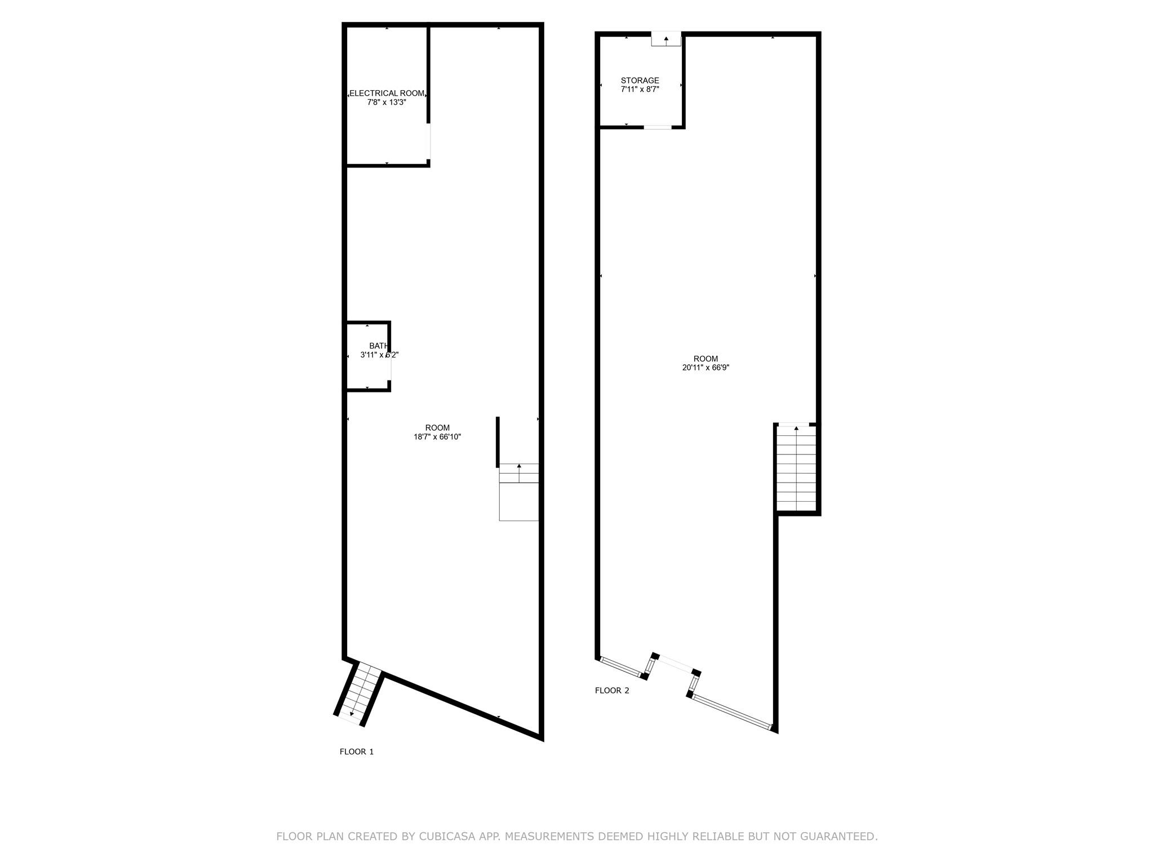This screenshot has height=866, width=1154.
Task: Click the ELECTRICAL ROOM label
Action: [387, 94]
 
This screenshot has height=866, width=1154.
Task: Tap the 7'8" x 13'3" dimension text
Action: [387, 103]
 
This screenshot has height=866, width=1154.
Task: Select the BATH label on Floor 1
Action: [378, 346]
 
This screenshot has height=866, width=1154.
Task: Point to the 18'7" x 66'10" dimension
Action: [437, 437]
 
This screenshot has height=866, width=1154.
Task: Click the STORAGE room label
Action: [640, 81]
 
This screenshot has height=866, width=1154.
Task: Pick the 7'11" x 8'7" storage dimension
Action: [640, 90]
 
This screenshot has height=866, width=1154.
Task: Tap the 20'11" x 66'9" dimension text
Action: [705, 368]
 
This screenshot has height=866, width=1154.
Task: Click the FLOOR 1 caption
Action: [357, 752]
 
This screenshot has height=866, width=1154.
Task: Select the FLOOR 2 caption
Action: [612, 691]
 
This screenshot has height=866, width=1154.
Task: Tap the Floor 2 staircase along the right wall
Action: [796, 468]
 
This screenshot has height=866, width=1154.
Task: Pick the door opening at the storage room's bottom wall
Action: [658, 127]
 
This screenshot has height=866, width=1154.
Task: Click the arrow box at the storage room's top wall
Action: [666, 39]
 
